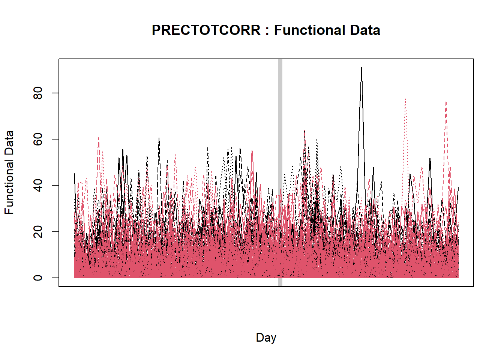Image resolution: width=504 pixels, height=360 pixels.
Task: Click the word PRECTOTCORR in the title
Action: click(206, 30)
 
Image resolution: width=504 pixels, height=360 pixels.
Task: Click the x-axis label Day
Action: click(266, 337)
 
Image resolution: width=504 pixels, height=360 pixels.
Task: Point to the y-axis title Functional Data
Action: click(9, 172)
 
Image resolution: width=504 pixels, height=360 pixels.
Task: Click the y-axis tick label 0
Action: click(38, 278)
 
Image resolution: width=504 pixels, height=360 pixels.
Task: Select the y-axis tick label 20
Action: click(38, 232)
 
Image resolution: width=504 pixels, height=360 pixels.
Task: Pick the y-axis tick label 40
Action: click(38, 185)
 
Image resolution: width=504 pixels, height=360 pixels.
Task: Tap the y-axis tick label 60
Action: click(38, 139)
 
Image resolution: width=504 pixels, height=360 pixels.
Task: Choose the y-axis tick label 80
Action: click(38, 93)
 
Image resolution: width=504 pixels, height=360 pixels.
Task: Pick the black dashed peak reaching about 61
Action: click(159, 139)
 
